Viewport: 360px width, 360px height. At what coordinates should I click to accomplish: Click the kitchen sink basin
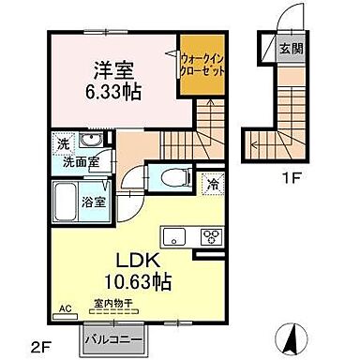click(175, 234)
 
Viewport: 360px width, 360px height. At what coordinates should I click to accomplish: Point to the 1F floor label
click(278, 175)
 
